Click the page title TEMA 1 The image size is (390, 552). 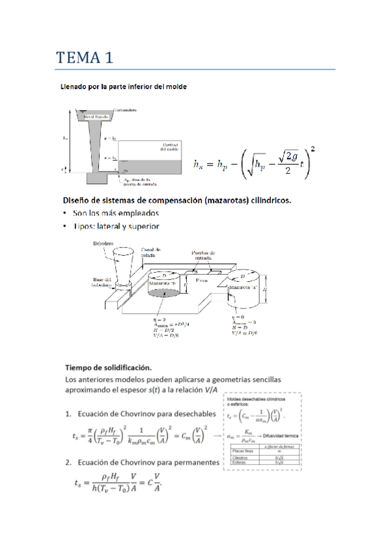85,57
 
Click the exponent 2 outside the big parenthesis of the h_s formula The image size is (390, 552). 314,149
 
